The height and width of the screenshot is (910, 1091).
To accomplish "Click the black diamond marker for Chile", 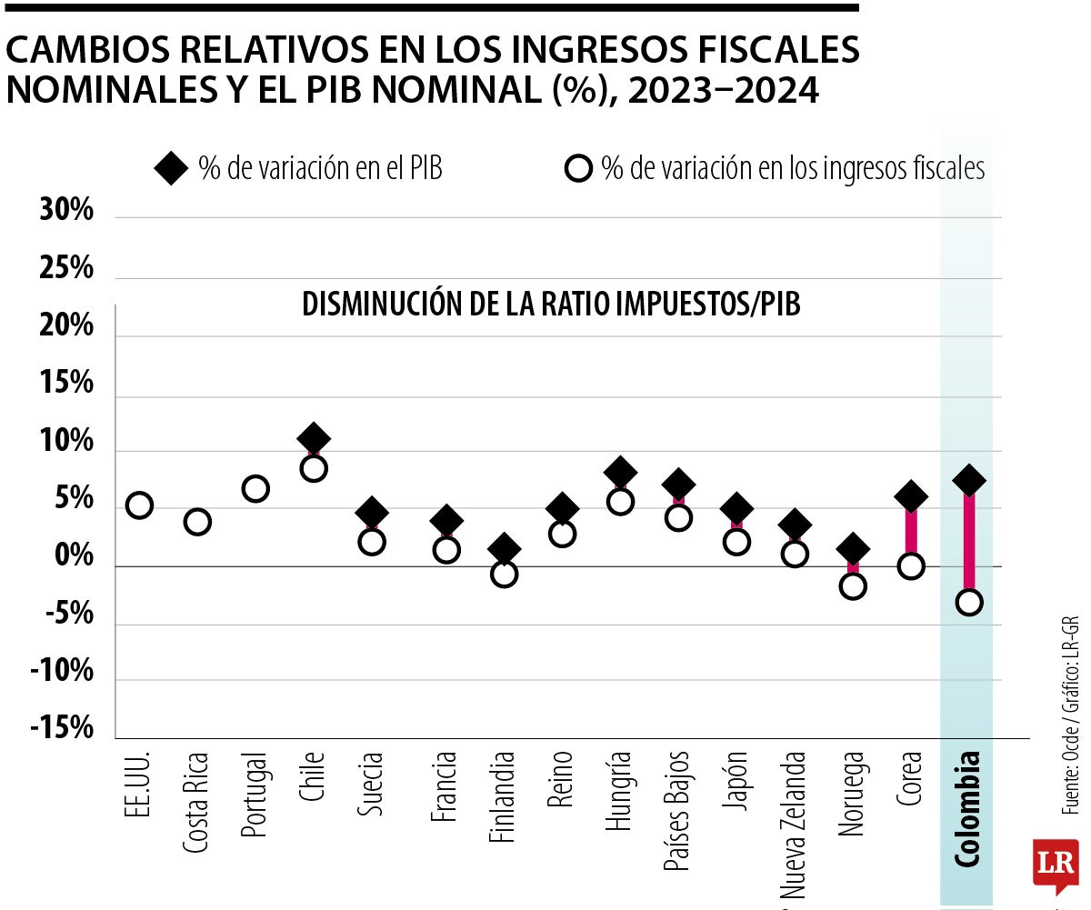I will [314, 438].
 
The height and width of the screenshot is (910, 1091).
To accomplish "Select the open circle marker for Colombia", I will [969, 602].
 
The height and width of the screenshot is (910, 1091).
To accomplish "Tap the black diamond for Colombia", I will [969, 479].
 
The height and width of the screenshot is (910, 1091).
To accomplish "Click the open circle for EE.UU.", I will [139, 505].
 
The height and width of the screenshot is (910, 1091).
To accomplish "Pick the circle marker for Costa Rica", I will [197, 522].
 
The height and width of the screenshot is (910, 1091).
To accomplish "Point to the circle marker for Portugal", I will [255, 489].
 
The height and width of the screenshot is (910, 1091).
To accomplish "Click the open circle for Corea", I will [911, 566].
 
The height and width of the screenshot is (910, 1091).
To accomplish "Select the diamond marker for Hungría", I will [620, 472].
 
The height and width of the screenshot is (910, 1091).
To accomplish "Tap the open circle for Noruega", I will [853, 586].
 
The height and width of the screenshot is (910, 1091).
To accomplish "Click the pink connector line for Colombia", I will [969, 541].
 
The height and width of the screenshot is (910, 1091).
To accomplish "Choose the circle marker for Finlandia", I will [504, 574].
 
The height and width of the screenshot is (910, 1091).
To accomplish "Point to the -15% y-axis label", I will [62, 729].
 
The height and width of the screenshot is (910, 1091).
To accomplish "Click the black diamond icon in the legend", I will [171, 169].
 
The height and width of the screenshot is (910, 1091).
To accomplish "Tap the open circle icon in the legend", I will [578, 169].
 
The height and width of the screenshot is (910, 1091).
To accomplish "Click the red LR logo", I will [1055, 864].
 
